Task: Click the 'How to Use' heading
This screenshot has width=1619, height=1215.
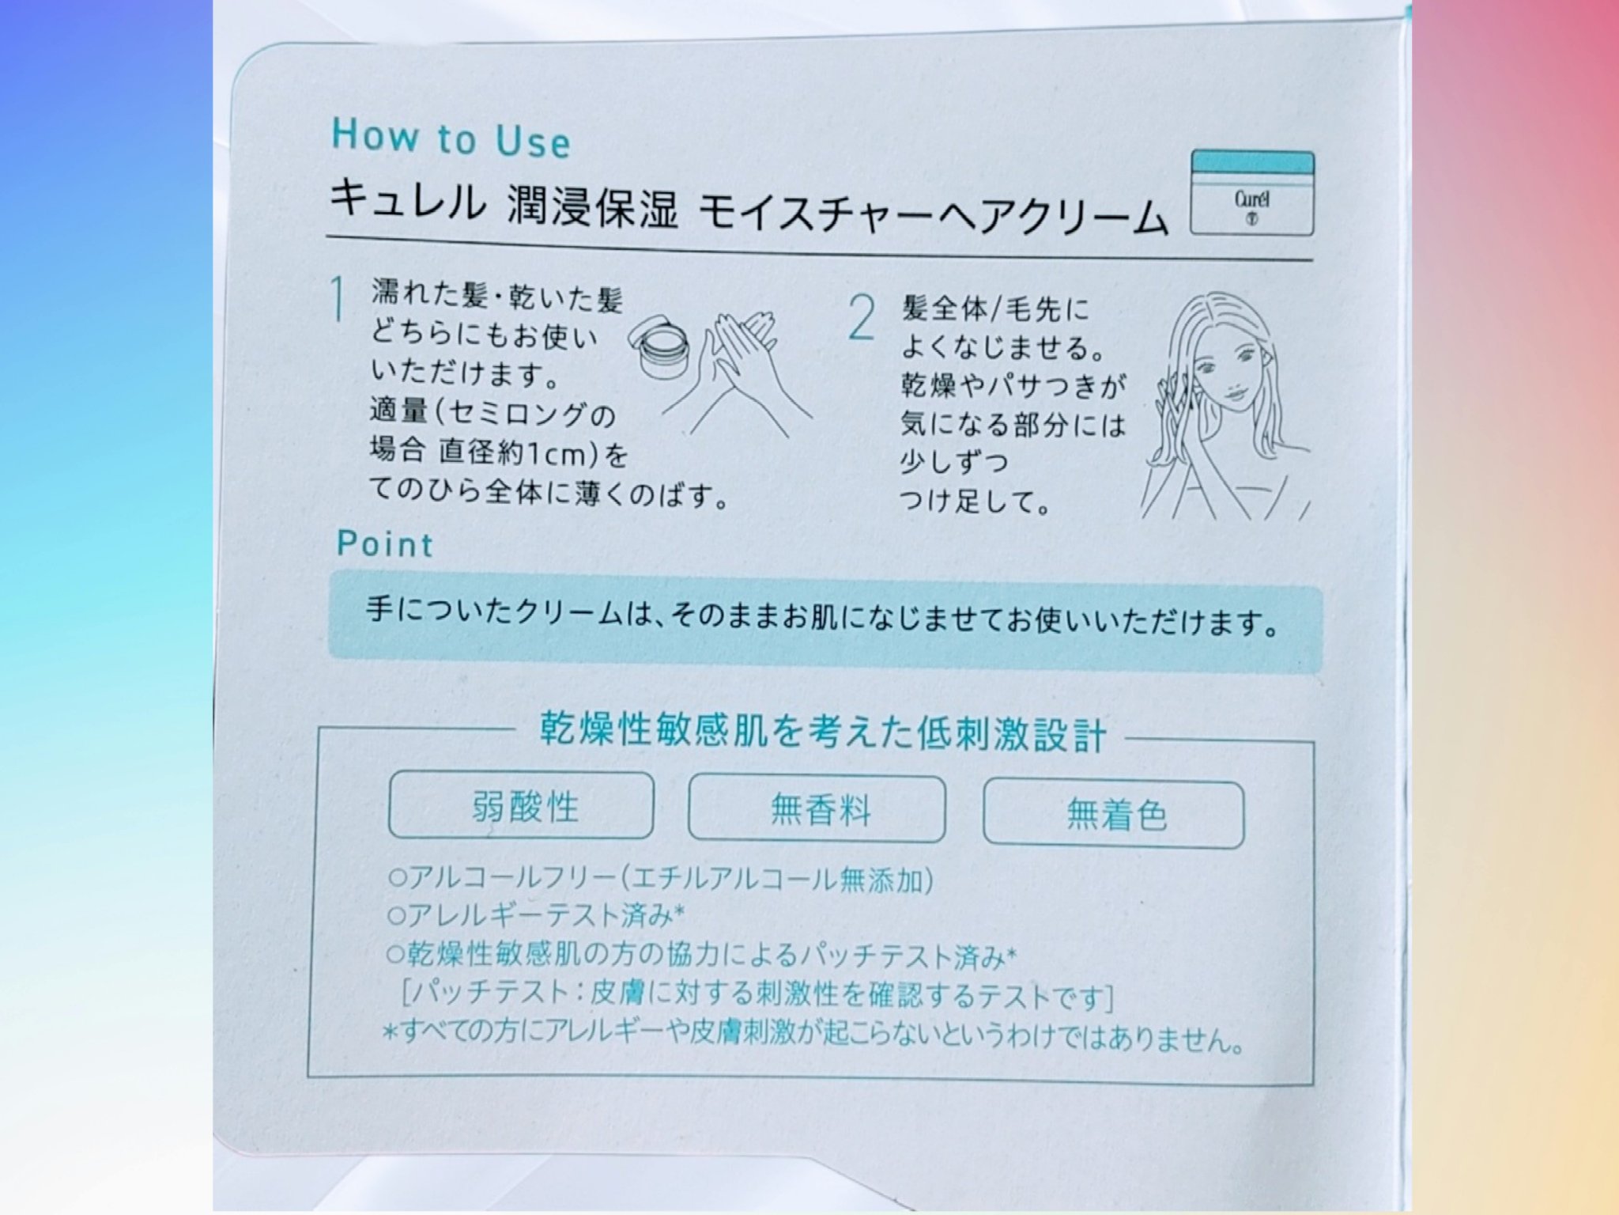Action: click(x=451, y=138)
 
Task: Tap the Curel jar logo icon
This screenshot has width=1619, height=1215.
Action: click(x=1252, y=193)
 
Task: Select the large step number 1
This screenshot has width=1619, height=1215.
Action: click(x=339, y=300)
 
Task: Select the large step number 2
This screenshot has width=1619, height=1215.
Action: click(x=862, y=318)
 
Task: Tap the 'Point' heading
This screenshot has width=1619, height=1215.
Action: click(x=385, y=544)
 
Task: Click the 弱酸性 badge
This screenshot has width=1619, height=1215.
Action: click(x=521, y=806)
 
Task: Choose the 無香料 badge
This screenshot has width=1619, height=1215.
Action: click(x=817, y=808)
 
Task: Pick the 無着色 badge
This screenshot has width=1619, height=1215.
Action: click(x=1113, y=814)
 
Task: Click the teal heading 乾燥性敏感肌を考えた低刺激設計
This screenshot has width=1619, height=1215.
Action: click(x=823, y=732)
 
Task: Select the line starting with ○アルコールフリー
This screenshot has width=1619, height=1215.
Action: click(x=661, y=879)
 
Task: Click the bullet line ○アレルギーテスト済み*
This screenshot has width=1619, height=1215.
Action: click(x=536, y=916)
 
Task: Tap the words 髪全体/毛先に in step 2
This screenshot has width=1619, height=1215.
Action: click(x=995, y=308)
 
